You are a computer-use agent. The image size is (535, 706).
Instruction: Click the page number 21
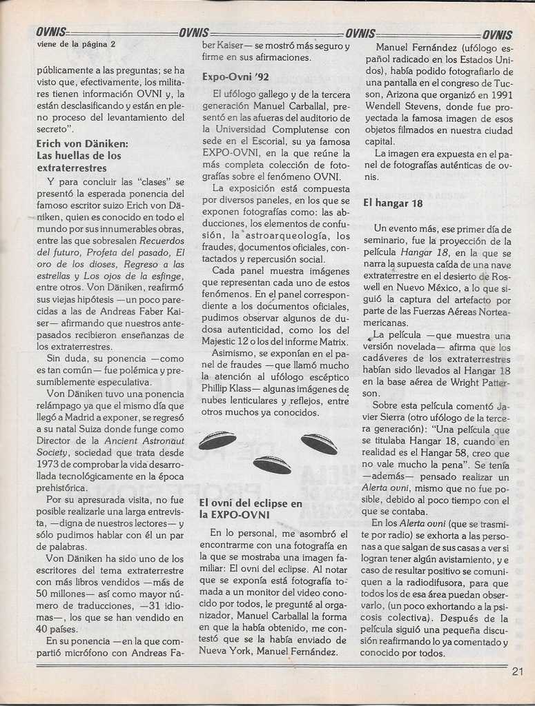(x=518, y=673)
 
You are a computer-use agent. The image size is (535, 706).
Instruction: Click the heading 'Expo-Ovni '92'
(x=235, y=77)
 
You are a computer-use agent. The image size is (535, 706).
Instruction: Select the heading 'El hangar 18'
(x=393, y=203)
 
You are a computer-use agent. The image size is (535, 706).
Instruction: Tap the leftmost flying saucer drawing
(x=217, y=440)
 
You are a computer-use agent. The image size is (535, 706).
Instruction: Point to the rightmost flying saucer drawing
(x=319, y=443)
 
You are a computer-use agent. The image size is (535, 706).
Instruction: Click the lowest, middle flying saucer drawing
(x=272, y=465)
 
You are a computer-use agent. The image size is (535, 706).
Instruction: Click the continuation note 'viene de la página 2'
(x=76, y=44)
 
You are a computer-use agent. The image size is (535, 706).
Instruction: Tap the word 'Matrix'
(x=334, y=341)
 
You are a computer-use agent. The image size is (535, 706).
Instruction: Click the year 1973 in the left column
(x=50, y=465)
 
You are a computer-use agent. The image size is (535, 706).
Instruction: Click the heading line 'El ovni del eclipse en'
(x=251, y=503)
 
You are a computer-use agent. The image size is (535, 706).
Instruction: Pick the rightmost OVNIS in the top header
(x=497, y=34)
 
